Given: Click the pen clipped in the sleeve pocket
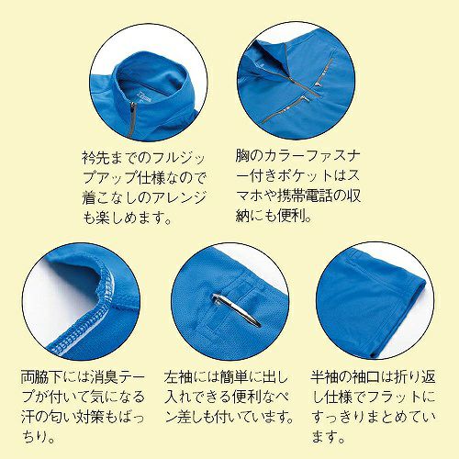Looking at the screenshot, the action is pyautogui.click(x=236, y=310).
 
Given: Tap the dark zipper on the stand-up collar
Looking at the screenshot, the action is pyautogui.click(x=131, y=120).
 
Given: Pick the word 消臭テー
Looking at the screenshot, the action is pyautogui.click(x=118, y=377).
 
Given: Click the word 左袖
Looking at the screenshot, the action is pyautogui.click(x=178, y=377).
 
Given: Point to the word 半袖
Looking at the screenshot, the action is pyautogui.click(x=325, y=377).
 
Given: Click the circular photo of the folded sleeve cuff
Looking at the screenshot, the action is pyautogui.click(x=375, y=301).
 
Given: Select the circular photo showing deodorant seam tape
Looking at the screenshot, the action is pyautogui.click(x=81, y=301).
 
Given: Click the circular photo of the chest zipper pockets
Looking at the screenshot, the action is pyautogui.click(x=297, y=81).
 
